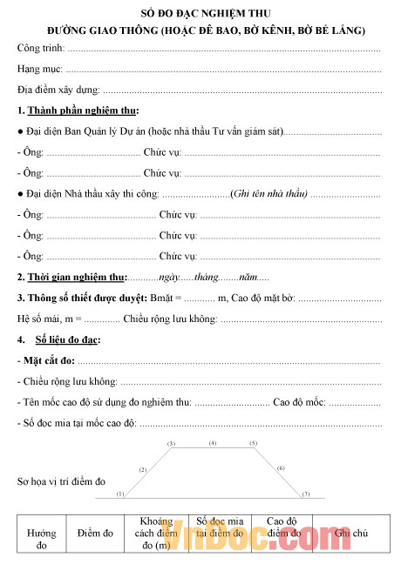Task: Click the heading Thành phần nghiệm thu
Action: click(x=83, y=111)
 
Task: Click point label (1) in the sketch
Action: click(x=120, y=493)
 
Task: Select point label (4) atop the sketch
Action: click(x=212, y=443)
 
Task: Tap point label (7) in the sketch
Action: click(x=305, y=493)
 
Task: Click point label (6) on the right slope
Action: click(x=281, y=468)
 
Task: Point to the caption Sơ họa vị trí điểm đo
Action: click(x=61, y=480)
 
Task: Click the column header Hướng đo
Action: click(x=41, y=539)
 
